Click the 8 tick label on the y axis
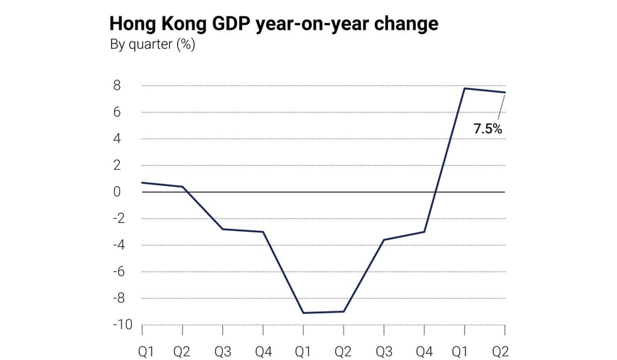116,86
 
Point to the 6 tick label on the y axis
116,112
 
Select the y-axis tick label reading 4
116,139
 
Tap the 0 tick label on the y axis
116,192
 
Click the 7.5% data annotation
488,128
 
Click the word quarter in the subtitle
150,45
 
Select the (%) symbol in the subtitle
186,45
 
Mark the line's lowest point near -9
304,312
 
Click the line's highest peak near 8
465,89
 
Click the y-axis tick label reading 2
116,165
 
